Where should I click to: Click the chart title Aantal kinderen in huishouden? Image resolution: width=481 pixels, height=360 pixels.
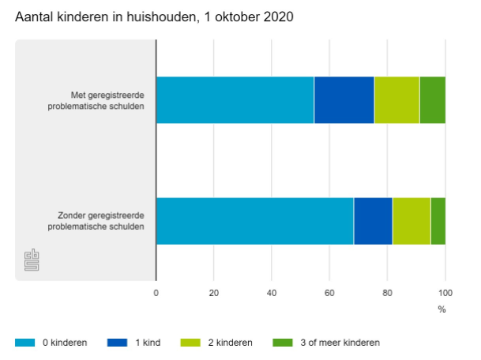[154, 17]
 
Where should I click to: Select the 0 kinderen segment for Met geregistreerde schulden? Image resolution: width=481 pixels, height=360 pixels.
[235, 100]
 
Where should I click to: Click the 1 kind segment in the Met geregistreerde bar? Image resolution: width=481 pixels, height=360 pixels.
[344, 100]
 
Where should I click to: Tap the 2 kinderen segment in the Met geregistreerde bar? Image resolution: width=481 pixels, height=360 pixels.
[396, 100]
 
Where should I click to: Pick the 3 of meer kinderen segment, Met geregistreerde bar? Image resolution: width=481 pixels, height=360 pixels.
[432, 100]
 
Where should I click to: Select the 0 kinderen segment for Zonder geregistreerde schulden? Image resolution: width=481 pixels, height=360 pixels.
[254, 221]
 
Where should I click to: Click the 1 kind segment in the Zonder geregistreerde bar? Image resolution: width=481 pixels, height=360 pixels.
[373, 221]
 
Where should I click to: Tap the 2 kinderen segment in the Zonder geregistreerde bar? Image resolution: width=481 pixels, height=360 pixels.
[411, 221]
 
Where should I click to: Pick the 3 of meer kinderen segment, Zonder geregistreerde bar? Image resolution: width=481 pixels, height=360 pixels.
[438, 221]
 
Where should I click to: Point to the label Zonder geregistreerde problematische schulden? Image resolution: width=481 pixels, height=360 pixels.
[96, 221]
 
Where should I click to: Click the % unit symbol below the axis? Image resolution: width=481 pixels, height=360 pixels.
[442, 309]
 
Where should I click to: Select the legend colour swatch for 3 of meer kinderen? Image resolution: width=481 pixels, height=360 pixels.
[283, 343]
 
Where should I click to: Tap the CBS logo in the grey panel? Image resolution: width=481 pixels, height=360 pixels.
[32, 261]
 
